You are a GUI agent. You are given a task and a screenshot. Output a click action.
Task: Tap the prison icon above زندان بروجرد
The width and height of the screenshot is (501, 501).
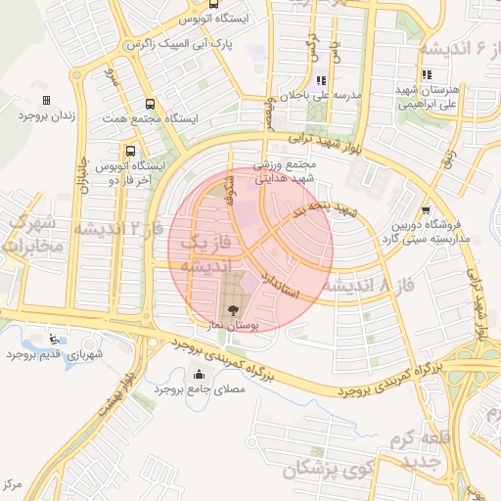[x=46, y=100]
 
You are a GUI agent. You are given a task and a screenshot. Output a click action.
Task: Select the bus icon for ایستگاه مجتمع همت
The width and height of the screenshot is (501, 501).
[x=149, y=103]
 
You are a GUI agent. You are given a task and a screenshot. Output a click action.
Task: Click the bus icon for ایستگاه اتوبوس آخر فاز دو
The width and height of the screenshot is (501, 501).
[x=129, y=151]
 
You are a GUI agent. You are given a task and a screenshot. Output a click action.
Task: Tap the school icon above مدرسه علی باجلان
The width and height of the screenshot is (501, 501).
[x=318, y=81]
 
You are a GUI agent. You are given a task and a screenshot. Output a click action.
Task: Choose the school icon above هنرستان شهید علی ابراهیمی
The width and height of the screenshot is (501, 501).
[x=426, y=74]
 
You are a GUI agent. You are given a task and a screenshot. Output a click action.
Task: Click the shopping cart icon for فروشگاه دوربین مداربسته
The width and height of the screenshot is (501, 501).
[x=425, y=209]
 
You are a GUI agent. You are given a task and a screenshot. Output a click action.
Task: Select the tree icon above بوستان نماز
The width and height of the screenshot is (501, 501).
[x=232, y=309]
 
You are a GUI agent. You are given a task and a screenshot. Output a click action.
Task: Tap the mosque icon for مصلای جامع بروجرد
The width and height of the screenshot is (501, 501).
[x=200, y=373]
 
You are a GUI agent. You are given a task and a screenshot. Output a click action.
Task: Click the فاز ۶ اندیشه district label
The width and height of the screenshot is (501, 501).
[x=459, y=48]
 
